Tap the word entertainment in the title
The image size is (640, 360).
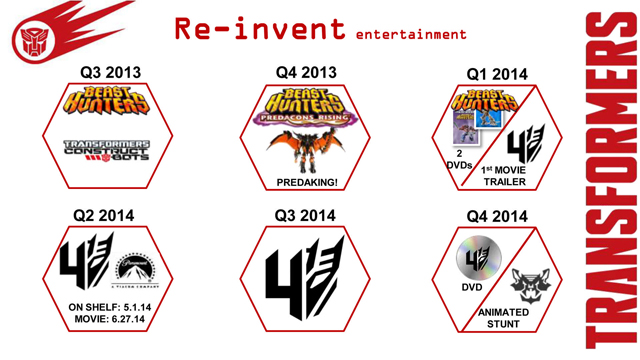(x=411, y=34)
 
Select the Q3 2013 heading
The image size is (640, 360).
(x=110, y=74)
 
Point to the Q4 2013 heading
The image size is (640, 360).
(x=306, y=73)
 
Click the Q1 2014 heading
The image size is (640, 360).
(x=498, y=74)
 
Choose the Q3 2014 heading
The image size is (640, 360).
(x=306, y=214)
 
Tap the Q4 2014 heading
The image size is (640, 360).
(x=498, y=214)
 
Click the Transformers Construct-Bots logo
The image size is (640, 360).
(x=106, y=150)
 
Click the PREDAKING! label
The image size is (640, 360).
(x=306, y=182)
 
